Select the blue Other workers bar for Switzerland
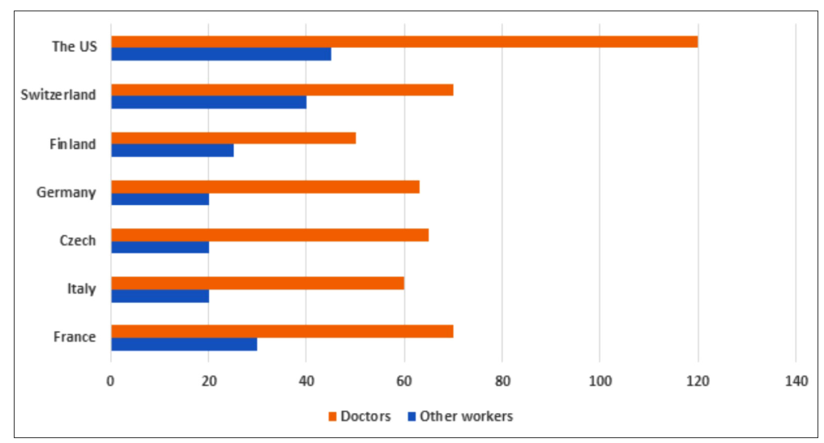pyautogui.click(x=208, y=102)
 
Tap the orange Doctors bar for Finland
pyautogui.click(x=233, y=138)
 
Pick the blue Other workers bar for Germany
pyautogui.click(x=160, y=199)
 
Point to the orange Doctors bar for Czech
pyautogui.click(x=269, y=235)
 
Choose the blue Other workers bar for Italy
pyautogui.click(x=160, y=296)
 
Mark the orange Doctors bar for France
pyautogui.click(x=281, y=331)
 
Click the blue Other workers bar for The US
pyautogui.click(x=220, y=54)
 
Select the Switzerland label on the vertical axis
pyautogui.click(x=58, y=95)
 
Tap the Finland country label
pyautogui.click(x=72, y=144)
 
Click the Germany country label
pyautogui.click(x=66, y=193)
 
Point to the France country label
pyautogui.click(x=75, y=337)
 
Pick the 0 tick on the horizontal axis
pyautogui.click(x=111, y=380)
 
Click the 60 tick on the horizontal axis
pyautogui.click(x=403, y=380)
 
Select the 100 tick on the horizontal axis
pyautogui.click(x=600, y=380)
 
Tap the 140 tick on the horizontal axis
pyautogui.click(x=796, y=380)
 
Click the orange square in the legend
pyautogui.click(x=332, y=416)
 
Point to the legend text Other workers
pyautogui.click(x=466, y=416)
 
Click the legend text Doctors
pyautogui.click(x=365, y=416)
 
